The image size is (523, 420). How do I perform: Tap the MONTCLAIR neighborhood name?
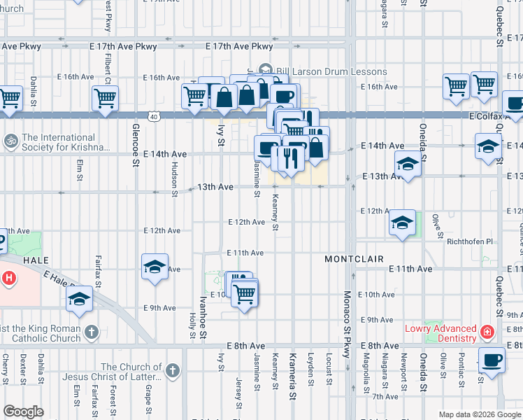[354, 259]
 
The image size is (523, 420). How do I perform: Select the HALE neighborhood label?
[35, 259]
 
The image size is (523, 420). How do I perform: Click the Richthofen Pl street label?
[469, 241]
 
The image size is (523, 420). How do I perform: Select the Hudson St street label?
[174, 178]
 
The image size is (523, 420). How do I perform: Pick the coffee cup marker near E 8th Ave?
[492, 360]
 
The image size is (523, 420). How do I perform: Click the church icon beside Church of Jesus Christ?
[173, 369]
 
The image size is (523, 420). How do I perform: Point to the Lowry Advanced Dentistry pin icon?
[487, 330]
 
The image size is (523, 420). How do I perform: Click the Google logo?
[24, 411]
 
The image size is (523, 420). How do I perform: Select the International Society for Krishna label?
[66, 143]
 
